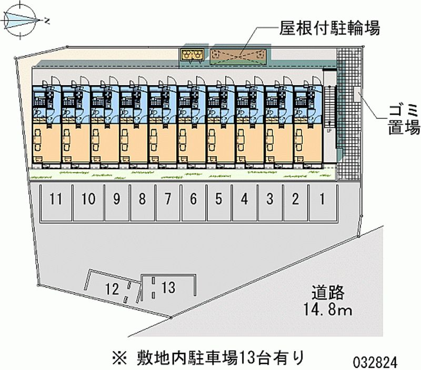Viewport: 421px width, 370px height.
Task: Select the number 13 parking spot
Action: click(x=168, y=287)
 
